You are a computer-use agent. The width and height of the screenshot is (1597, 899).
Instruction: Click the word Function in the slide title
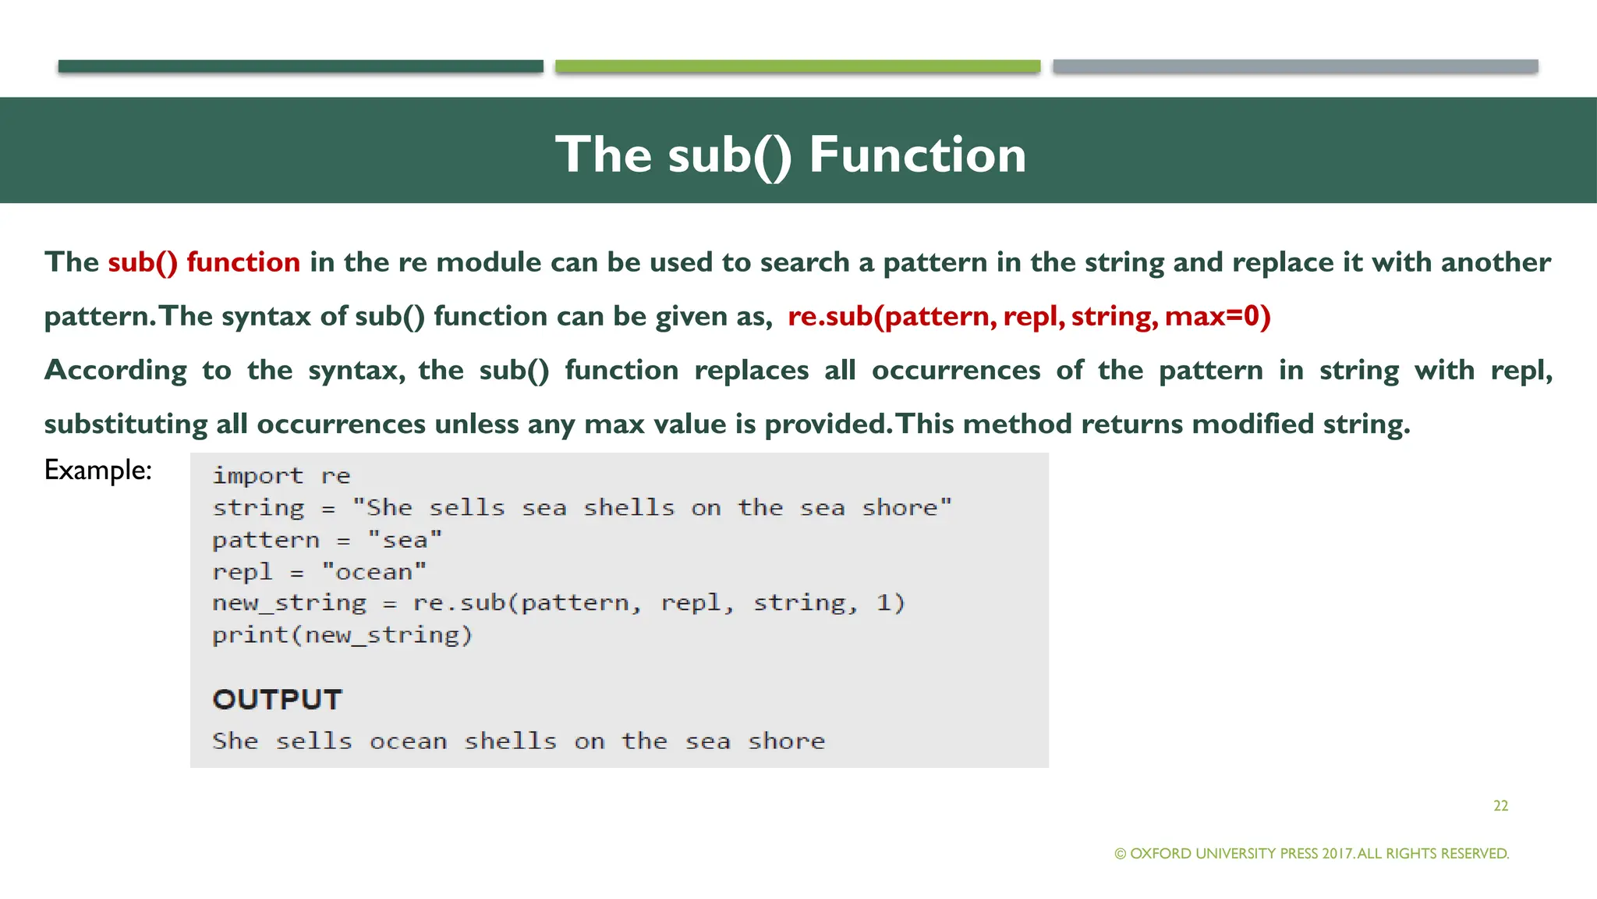tap(917, 155)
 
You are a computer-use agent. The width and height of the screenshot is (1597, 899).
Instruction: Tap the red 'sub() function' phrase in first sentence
tap(204, 262)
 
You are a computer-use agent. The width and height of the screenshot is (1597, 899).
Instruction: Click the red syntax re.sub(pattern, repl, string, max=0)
tap(1029, 316)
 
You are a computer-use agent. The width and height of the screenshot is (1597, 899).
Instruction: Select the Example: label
tap(97, 470)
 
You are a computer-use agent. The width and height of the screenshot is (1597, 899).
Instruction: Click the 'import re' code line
tap(282, 475)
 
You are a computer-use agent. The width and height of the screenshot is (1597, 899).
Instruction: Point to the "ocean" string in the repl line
tap(374, 572)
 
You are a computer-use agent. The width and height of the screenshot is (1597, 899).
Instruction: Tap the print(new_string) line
tap(342, 635)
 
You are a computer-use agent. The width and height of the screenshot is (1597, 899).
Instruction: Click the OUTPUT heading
tap(277, 699)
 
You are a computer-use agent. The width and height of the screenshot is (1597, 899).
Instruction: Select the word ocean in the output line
tap(408, 741)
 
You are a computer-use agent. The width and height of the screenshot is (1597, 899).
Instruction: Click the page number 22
tap(1500, 805)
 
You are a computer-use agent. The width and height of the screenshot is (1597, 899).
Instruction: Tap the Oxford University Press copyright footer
tap(1312, 854)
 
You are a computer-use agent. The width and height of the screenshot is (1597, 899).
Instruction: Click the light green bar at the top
tap(797, 66)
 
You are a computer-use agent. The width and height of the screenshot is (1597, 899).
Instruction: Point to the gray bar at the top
tap(1294, 66)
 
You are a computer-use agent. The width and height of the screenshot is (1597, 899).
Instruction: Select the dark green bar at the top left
tap(300, 66)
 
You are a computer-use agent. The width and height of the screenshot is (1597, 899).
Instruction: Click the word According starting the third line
tap(115, 370)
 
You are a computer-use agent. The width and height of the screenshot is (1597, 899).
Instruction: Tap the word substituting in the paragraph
tap(126, 424)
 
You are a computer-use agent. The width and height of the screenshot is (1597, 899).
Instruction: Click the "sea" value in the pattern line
tap(405, 540)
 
